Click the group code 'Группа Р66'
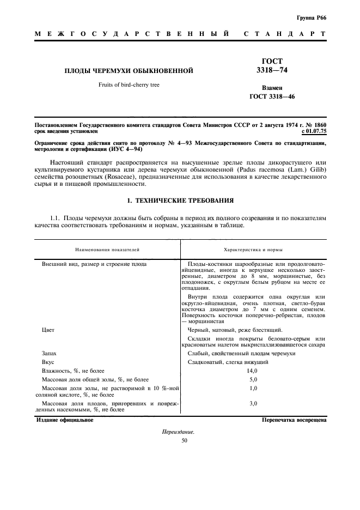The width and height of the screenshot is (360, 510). pos(312,18)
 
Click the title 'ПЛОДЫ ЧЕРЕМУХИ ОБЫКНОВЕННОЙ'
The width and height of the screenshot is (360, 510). pos(129,71)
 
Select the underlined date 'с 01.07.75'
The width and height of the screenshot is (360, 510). pos(313,131)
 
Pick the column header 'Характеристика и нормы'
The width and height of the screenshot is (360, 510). pos(254,249)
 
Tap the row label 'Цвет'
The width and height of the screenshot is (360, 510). pos(48,330)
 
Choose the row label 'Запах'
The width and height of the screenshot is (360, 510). pos(50,354)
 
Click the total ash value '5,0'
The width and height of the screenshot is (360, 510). pos(252,379)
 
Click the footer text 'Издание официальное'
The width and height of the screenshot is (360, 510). pos(64,421)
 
